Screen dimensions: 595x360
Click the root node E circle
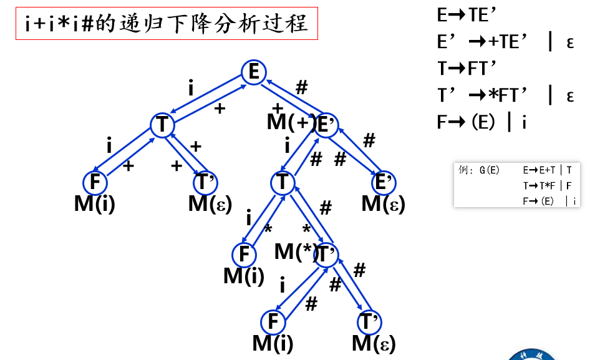[x=254, y=73]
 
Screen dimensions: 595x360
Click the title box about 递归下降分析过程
[x=166, y=24]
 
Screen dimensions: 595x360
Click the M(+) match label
[x=289, y=122]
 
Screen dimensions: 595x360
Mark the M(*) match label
[x=294, y=251]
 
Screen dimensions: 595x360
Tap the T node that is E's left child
[x=162, y=125]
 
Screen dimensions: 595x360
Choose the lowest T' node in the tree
[x=369, y=323]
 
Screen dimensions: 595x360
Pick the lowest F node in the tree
[x=273, y=323]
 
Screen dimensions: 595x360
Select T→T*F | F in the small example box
[x=548, y=185]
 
